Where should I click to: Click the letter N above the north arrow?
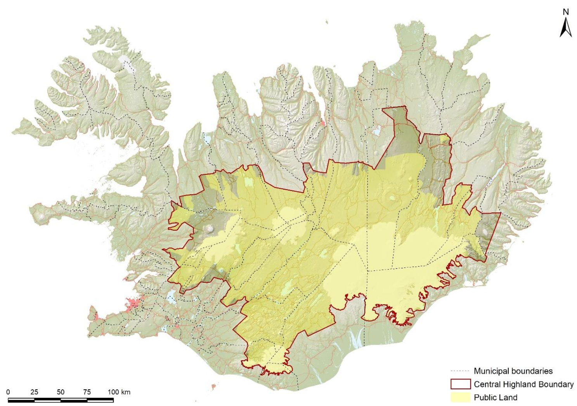pyautogui.click(x=566, y=12)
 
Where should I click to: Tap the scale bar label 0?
pyautogui.click(x=8, y=392)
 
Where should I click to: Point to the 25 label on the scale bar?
pyautogui.click(x=34, y=392)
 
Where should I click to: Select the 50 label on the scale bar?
pyautogui.click(x=61, y=392)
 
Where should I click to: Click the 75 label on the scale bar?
pyautogui.click(x=87, y=392)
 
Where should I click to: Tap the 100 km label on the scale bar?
pyautogui.click(x=119, y=392)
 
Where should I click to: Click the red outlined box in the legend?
pyautogui.click(x=460, y=384)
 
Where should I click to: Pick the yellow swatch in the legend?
pyautogui.click(x=460, y=397)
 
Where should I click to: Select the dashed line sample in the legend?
pyautogui.click(x=460, y=371)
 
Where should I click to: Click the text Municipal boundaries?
pyautogui.click(x=513, y=371)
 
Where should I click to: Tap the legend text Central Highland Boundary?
pyautogui.click(x=523, y=384)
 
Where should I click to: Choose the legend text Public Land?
pyautogui.click(x=496, y=397)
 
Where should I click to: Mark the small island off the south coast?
pyautogui.click(x=213, y=387)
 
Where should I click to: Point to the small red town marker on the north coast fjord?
pyautogui.click(x=323, y=124)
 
